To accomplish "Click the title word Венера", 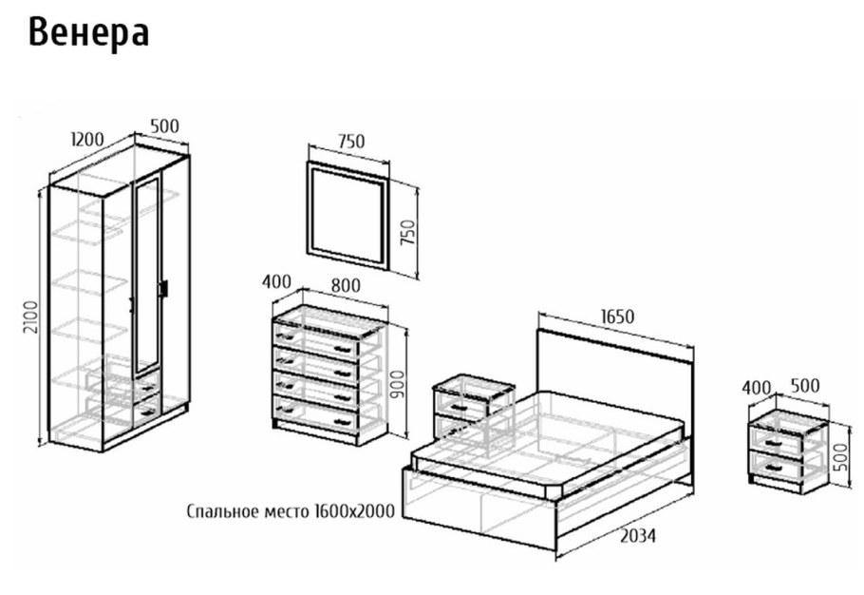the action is point(88,33).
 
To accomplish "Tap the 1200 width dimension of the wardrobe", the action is point(88,140).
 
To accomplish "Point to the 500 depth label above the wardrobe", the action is point(165,125).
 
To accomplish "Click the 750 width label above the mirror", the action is point(351,142).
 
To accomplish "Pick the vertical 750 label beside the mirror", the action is point(407,233).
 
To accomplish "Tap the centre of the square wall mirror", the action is point(348,216).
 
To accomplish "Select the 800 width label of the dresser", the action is point(346,285).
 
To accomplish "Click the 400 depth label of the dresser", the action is point(276,281).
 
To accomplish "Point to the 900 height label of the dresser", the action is point(396,384).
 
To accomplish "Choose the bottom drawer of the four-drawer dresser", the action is point(316,413).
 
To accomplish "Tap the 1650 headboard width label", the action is point(617,317).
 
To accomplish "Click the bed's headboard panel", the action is point(614,375).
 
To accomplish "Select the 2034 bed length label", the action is point(638,535).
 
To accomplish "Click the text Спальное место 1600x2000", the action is point(291,511).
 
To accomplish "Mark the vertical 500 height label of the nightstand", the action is point(842,456).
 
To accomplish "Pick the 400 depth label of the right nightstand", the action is point(756,388).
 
